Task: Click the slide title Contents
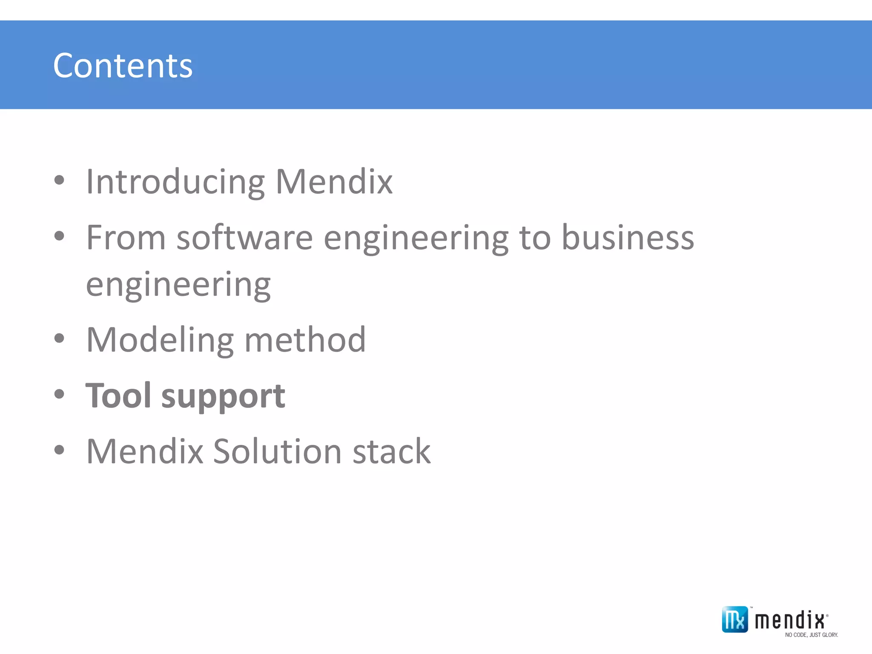(x=123, y=66)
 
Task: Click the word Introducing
(x=175, y=182)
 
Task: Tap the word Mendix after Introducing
(x=334, y=182)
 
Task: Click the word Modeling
(x=160, y=340)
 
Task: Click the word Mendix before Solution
(x=145, y=451)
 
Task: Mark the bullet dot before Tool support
(x=59, y=394)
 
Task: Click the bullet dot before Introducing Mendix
(x=59, y=180)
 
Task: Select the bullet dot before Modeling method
(x=59, y=338)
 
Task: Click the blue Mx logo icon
(x=734, y=620)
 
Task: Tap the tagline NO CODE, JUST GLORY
(x=811, y=635)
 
